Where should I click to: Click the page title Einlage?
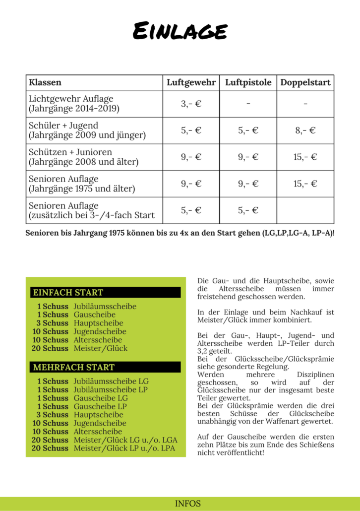click(180, 32)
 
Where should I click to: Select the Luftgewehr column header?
click(191, 83)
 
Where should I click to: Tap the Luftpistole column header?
click(248, 83)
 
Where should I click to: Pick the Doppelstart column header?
click(305, 83)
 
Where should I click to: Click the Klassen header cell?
click(45, 83)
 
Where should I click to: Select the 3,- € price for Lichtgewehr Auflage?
click(191, 104)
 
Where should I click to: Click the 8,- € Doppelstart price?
click(305, 131)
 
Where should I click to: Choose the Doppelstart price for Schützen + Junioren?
click(305, 157)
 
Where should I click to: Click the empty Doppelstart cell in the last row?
click(305, 210)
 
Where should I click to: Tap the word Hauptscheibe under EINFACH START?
click(98, 323)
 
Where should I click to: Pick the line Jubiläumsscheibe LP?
click(111, 390)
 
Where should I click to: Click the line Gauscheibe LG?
click(101, 398)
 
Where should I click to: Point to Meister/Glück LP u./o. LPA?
click(125, 448)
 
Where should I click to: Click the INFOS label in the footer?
click(188, 504)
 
